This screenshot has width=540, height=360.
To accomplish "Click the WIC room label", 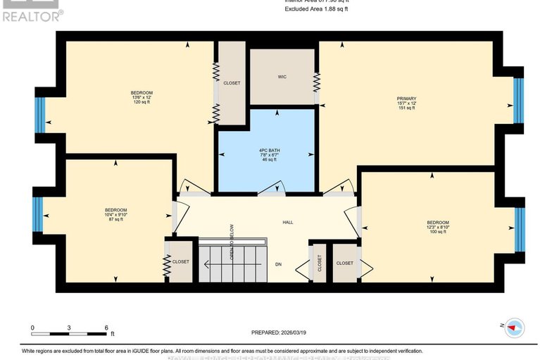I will pos(282,77).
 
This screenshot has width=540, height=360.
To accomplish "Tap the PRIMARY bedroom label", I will pos(406,99).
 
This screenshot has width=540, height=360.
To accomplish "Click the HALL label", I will pos(288,223).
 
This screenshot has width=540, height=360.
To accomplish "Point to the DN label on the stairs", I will pos(279,265).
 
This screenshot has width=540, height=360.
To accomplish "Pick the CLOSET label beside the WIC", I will pos(232,83).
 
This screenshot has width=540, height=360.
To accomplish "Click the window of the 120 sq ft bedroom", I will pos(40,115).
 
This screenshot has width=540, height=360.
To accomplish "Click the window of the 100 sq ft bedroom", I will pos(520,229).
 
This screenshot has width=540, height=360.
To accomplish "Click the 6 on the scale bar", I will pos(106,328).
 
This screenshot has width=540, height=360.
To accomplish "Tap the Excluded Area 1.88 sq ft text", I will pos(316,10).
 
